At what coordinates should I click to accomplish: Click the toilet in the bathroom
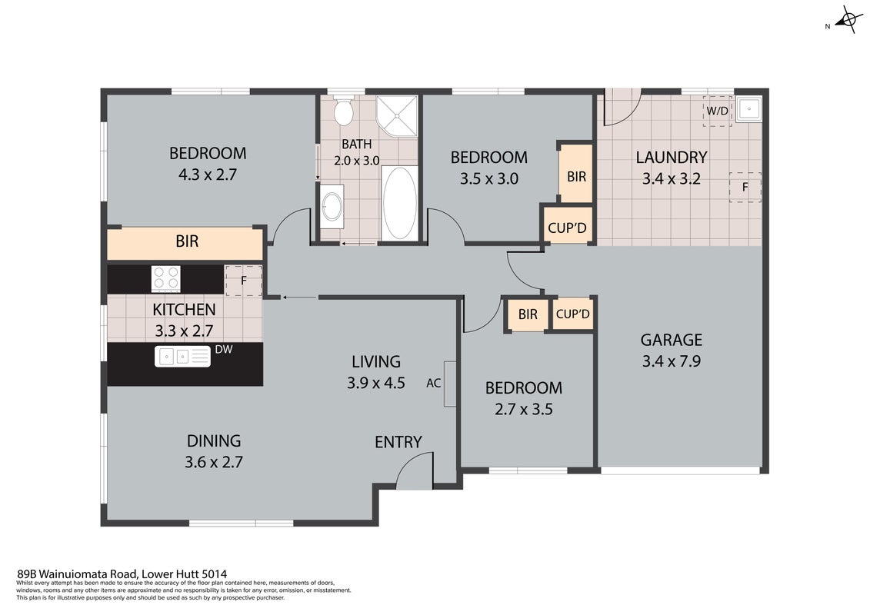(x=344, y=111)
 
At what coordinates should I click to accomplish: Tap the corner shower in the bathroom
(x=396, y=115)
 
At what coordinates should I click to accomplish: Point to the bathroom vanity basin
(x=332, y=206)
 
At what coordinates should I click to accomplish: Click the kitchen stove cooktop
(x=166, y=279)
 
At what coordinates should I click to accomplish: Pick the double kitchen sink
(x=182, y=356)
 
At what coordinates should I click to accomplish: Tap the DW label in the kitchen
(x=224, y=349)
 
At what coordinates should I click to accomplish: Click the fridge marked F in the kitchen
(x=244, y=281)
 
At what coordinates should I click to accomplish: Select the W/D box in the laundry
(x=718, y=111)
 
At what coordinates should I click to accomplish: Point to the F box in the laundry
(x=745, y=188)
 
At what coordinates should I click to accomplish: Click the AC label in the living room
(x=433, y=383)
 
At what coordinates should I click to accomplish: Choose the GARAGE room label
(x=672, y=339)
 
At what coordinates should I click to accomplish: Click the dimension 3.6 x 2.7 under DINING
(x=214, y=462)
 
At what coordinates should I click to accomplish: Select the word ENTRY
(x=398, y=442)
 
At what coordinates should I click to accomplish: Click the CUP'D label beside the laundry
(x=567, y=228)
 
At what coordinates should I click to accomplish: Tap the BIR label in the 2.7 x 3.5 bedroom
(x=528, y=314)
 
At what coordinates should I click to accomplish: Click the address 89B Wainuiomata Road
(x=78, y=574)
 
